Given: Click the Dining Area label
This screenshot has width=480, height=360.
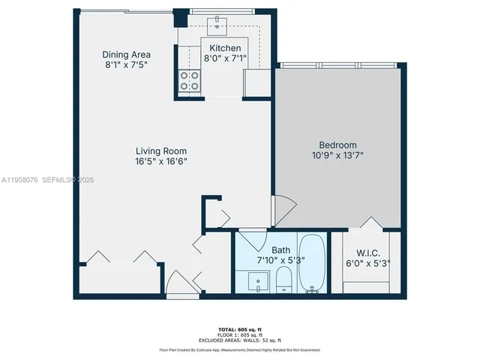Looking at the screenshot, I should pos(127,55).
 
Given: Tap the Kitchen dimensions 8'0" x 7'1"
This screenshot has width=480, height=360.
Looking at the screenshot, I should pos(225,60).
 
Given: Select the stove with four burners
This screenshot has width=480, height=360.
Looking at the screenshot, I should pos(190,80).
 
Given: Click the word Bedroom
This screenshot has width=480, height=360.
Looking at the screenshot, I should pos(338,145).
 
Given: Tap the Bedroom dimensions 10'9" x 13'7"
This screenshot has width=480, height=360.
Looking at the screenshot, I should pos(338,155).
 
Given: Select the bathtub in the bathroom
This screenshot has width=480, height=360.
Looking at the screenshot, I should pos(312,265).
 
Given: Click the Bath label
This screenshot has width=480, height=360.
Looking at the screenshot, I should pos(281,250).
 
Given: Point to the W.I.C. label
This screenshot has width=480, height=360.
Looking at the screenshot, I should pos(367,252).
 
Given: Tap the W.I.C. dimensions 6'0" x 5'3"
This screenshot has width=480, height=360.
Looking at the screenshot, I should pos(367,263).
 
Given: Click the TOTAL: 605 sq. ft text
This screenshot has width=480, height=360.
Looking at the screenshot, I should pos(239,330).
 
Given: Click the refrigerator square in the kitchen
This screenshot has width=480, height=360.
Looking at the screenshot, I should pos(256,82).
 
